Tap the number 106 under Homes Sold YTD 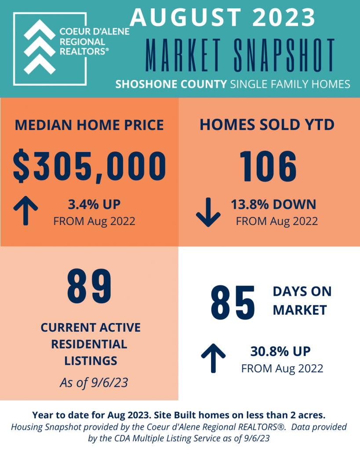268,167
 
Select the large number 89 89,286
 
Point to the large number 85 233,303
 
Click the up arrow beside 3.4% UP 25,210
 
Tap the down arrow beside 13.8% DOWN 208,212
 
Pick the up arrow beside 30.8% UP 213,358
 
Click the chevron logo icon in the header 39,47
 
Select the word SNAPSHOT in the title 284,55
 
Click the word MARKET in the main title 183,55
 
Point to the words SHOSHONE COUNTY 171,84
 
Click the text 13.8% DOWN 273,205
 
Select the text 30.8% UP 280,352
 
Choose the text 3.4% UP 94,205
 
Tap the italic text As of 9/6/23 94,383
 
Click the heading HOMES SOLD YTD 267,125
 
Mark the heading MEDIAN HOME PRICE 89,125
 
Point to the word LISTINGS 91,361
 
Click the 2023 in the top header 284,17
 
